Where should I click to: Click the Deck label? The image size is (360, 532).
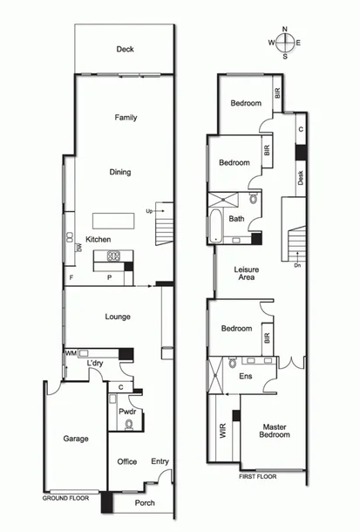point(126,50)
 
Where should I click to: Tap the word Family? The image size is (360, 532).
point(126,118)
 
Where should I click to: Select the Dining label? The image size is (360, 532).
point(120,172)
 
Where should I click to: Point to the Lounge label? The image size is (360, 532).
point(118,317)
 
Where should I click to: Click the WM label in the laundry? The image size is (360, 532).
point(71,353)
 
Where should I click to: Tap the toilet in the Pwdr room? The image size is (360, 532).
point(129,424)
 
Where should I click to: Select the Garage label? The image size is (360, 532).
point(75,439)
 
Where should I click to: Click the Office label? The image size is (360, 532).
point(127,462)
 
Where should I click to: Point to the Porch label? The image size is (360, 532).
point(144,503)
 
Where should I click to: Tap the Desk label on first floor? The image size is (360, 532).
point(300,178)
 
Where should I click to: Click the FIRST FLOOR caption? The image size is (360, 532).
point(257,477)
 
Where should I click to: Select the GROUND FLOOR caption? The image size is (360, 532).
point(65,497)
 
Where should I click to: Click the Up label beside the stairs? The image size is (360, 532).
point(149,211)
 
